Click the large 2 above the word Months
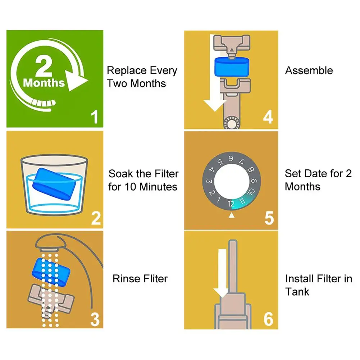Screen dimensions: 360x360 (x=44, y=66)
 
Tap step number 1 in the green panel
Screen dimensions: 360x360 (x=95, y=117)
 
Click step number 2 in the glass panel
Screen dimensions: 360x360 (x=96, y=218)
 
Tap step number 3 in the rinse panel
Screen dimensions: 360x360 (x=95, y=319)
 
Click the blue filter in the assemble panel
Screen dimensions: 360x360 (x=232, y=67)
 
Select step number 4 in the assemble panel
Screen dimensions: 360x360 (x=268, y=117)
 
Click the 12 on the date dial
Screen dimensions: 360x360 (x=231, y=204)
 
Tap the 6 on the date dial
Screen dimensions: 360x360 (x=231, y=158)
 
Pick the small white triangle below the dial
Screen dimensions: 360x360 (x=232, y=215)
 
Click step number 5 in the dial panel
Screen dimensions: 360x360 (x=269, y=218)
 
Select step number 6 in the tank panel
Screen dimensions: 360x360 (x=268, y=319)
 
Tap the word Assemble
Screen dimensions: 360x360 (x=309, y=70)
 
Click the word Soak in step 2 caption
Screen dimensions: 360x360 (x=121, y=174)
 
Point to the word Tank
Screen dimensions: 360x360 (x=297, y=292)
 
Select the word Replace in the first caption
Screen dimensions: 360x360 (x=127, y=71)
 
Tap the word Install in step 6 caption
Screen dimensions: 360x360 (x=299, y=279)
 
